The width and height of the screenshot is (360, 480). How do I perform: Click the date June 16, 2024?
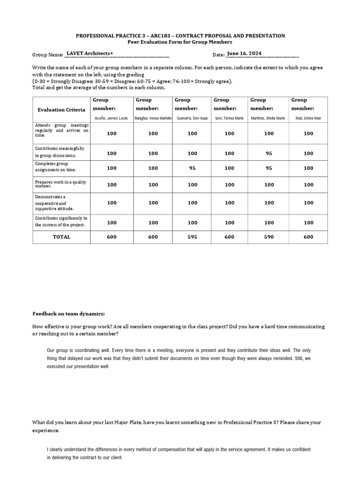coord(244,53)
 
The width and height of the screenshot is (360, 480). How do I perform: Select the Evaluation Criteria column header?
coord(61,110)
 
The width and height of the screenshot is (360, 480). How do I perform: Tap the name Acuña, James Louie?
coord(112,118)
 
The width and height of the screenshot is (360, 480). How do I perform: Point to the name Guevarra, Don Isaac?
coord(192,118)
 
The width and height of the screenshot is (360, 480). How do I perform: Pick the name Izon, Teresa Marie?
coord(229,118)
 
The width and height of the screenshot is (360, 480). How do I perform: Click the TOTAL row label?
coord(61,237)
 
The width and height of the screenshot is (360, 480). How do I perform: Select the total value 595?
coord(192,237)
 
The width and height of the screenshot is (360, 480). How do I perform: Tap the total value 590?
coord(269,237)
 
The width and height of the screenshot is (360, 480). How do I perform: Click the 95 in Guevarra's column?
coord(192,168)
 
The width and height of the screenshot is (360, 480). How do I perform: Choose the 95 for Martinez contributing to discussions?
coord(269,153)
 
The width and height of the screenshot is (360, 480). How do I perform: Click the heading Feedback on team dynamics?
coord(68,314)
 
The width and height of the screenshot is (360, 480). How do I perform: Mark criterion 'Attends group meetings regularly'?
coord(61,130)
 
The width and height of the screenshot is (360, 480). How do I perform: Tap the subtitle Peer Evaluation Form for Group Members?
coord(180,42)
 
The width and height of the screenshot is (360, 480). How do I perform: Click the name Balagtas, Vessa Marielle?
coord(153,118)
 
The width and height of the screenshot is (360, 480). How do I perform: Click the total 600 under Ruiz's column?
coord(308,237)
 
